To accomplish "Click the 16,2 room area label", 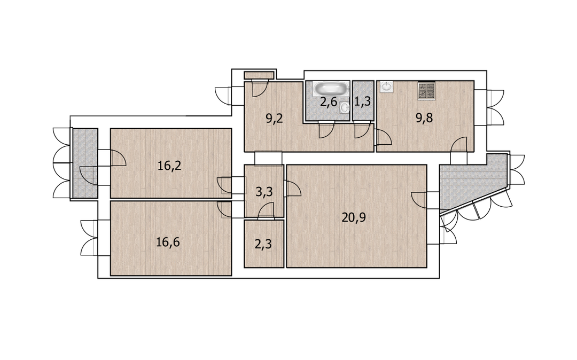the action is click(169, 166).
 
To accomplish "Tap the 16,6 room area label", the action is click(168, 242).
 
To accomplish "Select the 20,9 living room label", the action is click(354, 218).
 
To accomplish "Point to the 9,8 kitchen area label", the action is click(424, 118).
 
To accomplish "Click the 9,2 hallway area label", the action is click(275, 119).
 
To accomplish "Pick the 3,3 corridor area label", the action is click(264, 192).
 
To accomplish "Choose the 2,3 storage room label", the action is click(263, 244).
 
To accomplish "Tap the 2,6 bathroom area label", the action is click(328, 101).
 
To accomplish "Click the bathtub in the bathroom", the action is click(330, 89).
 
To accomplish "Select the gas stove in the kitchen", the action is click(426, 90).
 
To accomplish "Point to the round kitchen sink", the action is click(386, 87).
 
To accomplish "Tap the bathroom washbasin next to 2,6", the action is click(345, 107).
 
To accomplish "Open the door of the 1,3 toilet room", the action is click(362, 131).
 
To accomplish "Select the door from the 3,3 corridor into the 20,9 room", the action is click(293, 188).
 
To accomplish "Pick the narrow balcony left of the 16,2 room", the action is click(85, 163).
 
